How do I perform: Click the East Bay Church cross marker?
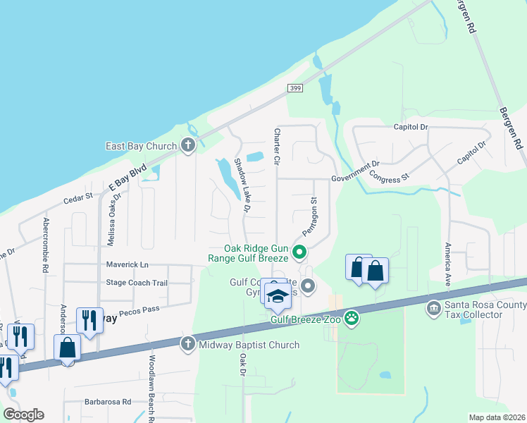pos(187,146)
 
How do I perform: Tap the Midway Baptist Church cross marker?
pos(187,345)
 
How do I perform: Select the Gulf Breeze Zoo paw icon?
pos(351,319)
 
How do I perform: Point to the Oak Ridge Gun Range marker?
pos(299,252)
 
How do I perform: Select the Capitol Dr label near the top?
pos(410,127)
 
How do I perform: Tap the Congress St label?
pos(390,178)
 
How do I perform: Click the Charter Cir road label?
pos(277,147)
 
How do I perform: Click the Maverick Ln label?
pos(128,264)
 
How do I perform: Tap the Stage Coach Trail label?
pos(137,283)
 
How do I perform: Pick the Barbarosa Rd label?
pos(106,402)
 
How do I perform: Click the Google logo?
pos(23,415)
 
